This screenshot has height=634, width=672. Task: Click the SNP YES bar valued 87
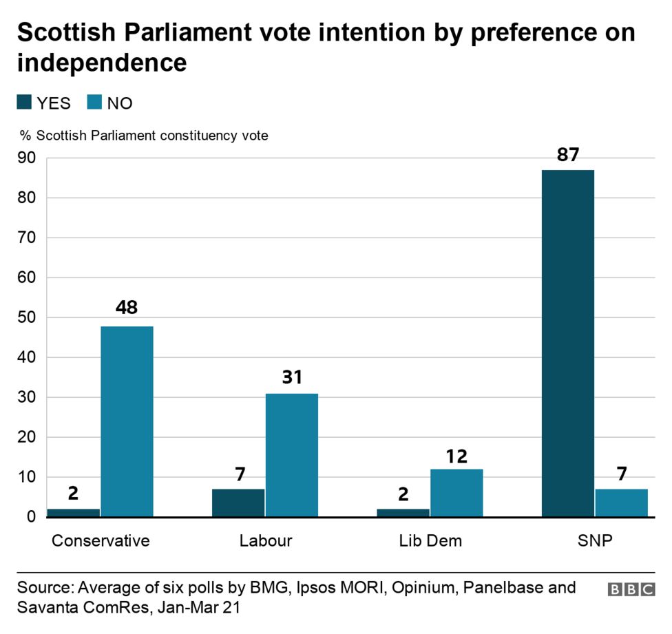point(567,343)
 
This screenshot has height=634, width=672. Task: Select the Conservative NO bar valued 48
point(127,421)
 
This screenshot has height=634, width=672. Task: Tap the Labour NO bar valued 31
point(292,454)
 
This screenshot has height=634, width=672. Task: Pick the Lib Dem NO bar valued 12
point(456,492)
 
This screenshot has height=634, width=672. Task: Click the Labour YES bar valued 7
point(238,503)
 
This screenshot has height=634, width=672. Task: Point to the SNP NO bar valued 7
point(622,503)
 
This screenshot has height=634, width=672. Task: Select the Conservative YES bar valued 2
point(73,512)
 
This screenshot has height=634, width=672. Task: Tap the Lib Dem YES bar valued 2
point(403,512)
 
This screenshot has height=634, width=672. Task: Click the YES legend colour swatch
point(24,103)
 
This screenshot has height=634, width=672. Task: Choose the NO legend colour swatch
point(94,103)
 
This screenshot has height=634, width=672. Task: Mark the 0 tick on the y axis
point(30,517)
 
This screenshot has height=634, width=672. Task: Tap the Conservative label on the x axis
point(101,540)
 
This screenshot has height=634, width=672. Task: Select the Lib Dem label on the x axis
point(430,540)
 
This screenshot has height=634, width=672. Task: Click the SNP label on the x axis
point(595,540)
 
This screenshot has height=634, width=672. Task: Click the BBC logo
point(631,589)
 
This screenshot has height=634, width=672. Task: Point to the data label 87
point(567,155)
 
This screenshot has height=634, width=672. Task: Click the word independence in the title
point(102,63)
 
